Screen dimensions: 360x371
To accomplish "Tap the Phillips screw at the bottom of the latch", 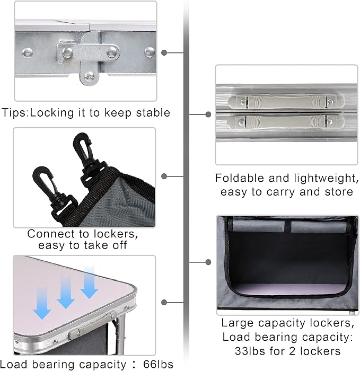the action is click(x=90, y=76).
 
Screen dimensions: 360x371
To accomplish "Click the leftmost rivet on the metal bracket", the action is click(x=27, y=53).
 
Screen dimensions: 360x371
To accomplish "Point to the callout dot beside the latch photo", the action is click(x=164, y=52).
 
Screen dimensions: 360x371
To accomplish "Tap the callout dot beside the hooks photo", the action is click(x=164, y=176).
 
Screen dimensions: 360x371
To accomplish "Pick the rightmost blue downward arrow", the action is click(x=89, y=282).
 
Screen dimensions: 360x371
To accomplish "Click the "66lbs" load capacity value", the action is click(x=158, y=364).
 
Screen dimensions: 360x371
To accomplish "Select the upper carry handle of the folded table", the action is click(x=286, y=102).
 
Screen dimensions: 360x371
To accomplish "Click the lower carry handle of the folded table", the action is click(x=286, y=122).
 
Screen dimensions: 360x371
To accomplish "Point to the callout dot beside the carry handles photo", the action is click(x=208, y=114).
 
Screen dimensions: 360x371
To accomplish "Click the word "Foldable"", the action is click(x=240, y=178).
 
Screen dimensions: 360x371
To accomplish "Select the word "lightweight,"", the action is click(x=327, y=179).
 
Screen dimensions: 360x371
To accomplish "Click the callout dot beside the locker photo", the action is click(x=208, y=262).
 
